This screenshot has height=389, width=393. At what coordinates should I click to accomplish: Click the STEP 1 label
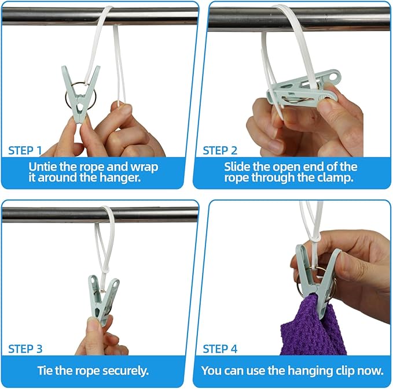click(25, 150)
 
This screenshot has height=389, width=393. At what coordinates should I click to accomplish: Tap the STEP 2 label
click(220, 150)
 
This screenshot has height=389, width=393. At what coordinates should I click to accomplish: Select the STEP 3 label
click(25, 349)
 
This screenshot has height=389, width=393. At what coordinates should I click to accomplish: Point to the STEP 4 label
click(220, 349)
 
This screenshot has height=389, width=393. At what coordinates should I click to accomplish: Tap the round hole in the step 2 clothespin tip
click(333, 76)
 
